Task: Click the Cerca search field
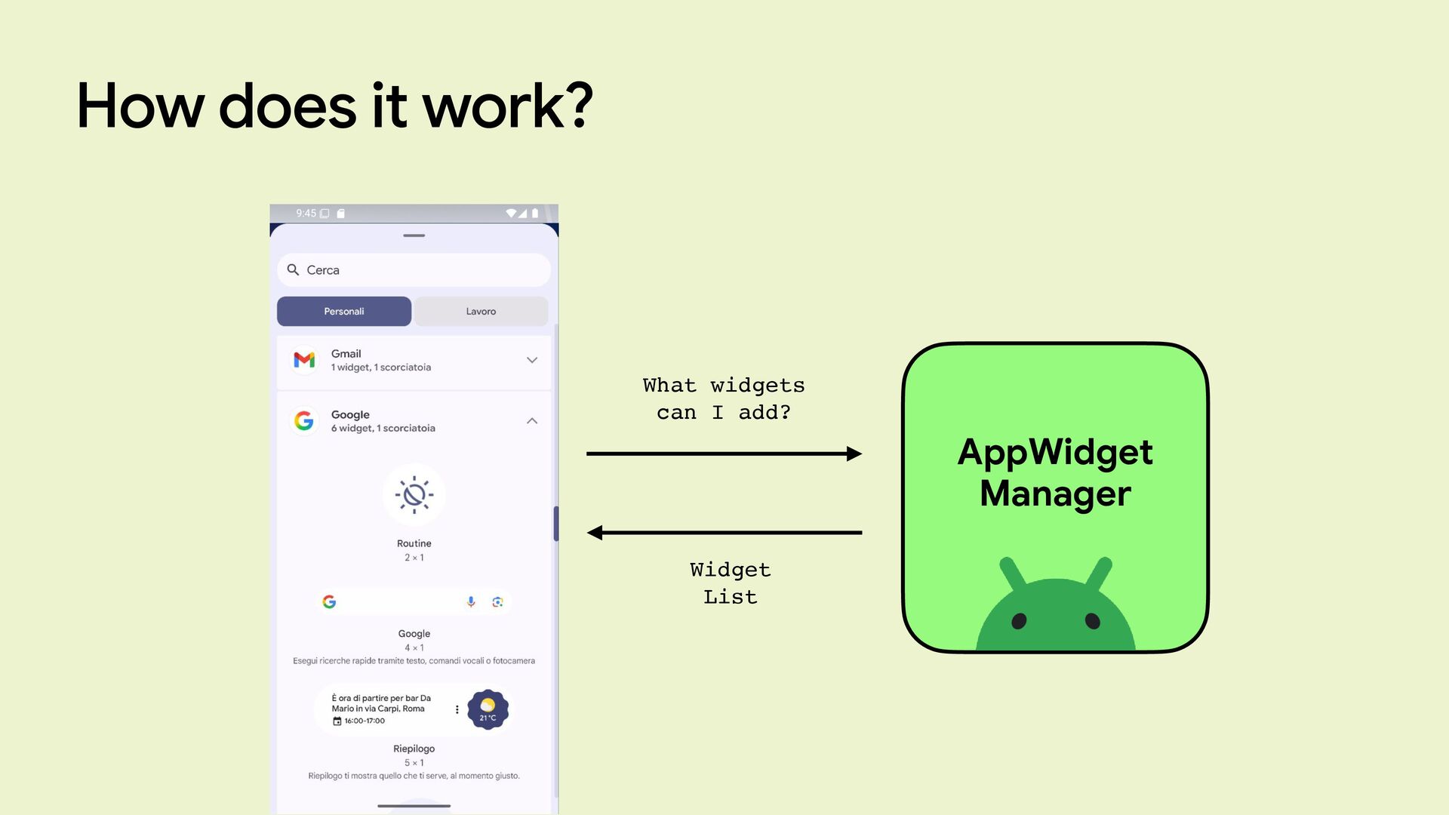[414, 270]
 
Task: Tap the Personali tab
[344, 312]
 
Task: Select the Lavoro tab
[481, 312]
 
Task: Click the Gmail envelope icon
[304, 360]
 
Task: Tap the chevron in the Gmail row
[532, 360]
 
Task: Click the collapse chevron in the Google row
[532, 421]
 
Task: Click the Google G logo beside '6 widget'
[304, 421]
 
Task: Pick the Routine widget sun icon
[414, 495]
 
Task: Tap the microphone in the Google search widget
[471, 601]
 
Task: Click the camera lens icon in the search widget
[497, 601]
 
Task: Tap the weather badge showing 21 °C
[488, 709]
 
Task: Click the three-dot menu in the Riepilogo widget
[457, 709]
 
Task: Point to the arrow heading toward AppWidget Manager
[724, 454]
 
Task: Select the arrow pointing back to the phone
[724, 533]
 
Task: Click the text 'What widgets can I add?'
[724, 398]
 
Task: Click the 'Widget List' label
[730, 583]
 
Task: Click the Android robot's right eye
[1092, 621]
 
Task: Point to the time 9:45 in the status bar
[306, 214]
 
